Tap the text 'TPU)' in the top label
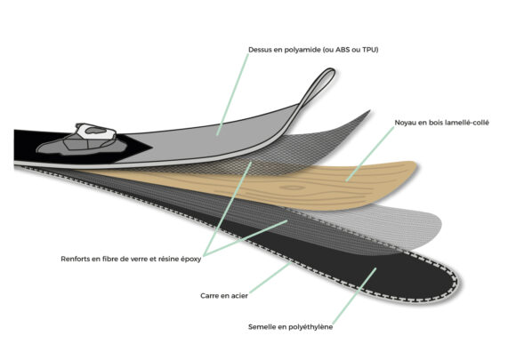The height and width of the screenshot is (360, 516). tap(370, 50)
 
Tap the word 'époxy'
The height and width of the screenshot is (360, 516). tap(190, 259)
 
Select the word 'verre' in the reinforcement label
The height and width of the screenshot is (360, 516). tap(139, 259)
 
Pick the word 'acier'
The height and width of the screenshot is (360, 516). tap(239, 296)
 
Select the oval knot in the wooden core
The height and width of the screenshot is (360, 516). tap(293, 188)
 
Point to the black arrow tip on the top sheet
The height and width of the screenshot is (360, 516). tap(151, 147)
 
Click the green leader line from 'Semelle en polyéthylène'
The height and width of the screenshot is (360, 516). tap(354, 296)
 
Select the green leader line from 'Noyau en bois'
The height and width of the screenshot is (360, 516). tap(370, 154)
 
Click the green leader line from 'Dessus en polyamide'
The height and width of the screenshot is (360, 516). tap(233, 94)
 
